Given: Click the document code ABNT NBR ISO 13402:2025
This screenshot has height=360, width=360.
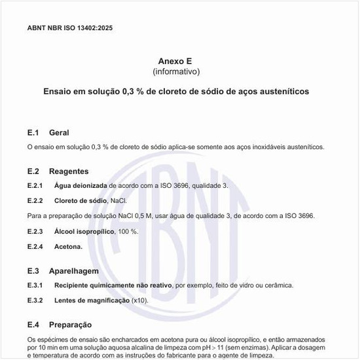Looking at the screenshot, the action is [74, 28].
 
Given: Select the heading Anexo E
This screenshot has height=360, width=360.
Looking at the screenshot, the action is [176, 61].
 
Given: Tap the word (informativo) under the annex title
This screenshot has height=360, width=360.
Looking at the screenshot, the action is [176, 71].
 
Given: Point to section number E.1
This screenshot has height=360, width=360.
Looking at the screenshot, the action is [33, 133].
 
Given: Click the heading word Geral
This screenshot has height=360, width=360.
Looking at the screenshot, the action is [59, 133].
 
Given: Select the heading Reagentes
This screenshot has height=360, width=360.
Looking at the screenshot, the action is [69, 171].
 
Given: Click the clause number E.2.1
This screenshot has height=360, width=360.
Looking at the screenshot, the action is [35, 186].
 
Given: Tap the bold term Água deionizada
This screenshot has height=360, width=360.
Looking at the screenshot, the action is [81, 186].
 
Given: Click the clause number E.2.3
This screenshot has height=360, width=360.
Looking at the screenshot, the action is [35, 231].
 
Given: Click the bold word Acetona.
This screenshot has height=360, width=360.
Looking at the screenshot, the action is [68, 247].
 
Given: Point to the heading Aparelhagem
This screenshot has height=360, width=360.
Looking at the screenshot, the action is [73, 271].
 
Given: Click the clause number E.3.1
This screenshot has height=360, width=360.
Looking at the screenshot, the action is [35, 285].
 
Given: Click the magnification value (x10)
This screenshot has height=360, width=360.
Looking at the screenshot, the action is [140, 300].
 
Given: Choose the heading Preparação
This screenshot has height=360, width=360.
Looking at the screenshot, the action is [71, 325].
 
